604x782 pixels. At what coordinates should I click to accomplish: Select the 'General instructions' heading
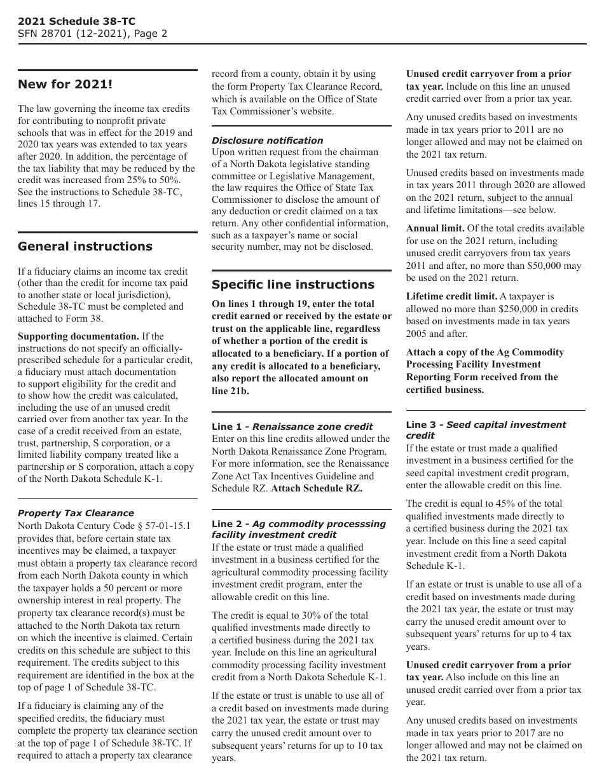(x=85, y=247)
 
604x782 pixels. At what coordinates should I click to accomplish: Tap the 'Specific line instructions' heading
(x=293, y=285)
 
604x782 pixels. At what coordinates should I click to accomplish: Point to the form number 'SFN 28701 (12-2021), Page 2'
(x=92, y=34)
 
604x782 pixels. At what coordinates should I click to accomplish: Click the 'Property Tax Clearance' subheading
(x=76, y=513)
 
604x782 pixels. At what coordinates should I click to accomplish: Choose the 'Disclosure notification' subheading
(x=267, y=141)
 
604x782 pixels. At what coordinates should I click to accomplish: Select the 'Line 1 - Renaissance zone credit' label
(x=292, y=427)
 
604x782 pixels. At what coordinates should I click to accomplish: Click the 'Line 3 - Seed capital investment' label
(x=486, y=425)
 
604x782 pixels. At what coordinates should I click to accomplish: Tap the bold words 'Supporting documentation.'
(x=78, y=336)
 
